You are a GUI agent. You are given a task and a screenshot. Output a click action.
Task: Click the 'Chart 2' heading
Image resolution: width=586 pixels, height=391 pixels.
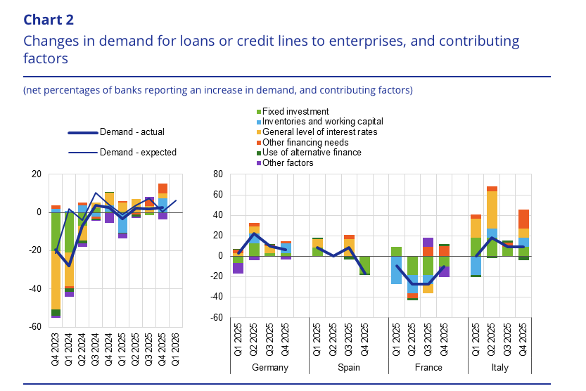pyautogui.click(x=48, y=19)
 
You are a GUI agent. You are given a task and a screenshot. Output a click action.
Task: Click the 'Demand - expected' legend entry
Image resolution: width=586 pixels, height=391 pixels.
pyautogui.click(x=138, y=152)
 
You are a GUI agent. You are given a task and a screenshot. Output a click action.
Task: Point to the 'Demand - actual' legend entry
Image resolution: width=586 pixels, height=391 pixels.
pyautogui.click(x=132, y=132)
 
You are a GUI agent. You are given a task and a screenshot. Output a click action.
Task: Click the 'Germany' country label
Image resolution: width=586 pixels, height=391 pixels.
pyautogui.click(x=269, y=368)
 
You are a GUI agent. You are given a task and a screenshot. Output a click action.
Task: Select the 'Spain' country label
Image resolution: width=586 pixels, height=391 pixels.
pyautogui.click(x=349, y=368)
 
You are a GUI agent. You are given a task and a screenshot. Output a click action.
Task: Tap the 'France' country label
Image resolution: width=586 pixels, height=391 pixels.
pyautogui.click(x=428, y=368)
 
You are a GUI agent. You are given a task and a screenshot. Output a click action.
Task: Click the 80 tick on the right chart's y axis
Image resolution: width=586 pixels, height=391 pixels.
pyautogui.click(x=218, y=174)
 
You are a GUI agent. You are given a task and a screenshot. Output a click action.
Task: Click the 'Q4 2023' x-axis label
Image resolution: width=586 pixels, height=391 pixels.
pyautogui.click(x=56, y=345)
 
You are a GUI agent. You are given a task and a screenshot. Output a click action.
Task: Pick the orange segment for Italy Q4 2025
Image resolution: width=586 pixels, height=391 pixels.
pyautogui.click(x=523, y=219)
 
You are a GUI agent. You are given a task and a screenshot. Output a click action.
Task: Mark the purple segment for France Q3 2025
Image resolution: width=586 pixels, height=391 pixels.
pyautogui.click(x=428, y=242)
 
